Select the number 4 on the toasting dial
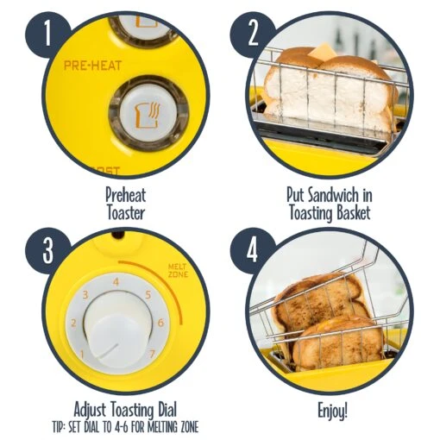115,280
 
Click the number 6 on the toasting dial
161,323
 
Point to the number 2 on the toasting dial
74,324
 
